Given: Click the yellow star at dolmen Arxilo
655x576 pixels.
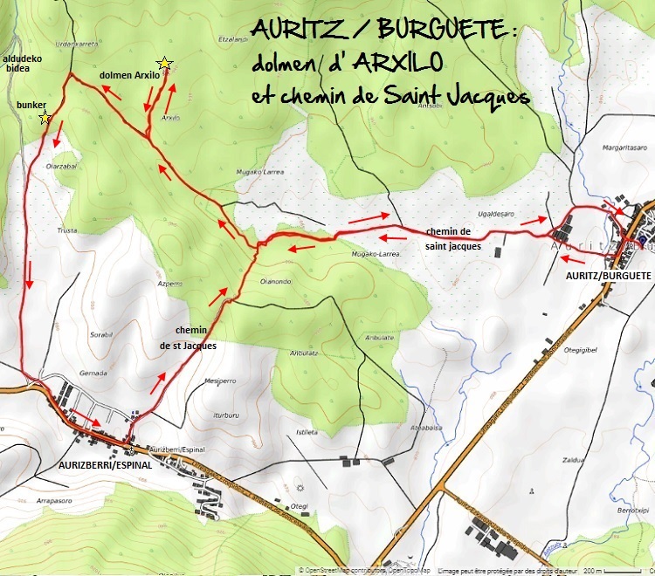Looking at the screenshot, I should [x=163, y=63].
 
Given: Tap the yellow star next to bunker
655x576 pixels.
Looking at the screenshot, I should [x=45, y=119].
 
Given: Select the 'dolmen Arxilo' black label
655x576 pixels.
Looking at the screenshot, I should [x=129, y=75].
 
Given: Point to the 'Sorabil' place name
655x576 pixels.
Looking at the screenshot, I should [x=102, y=334].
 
